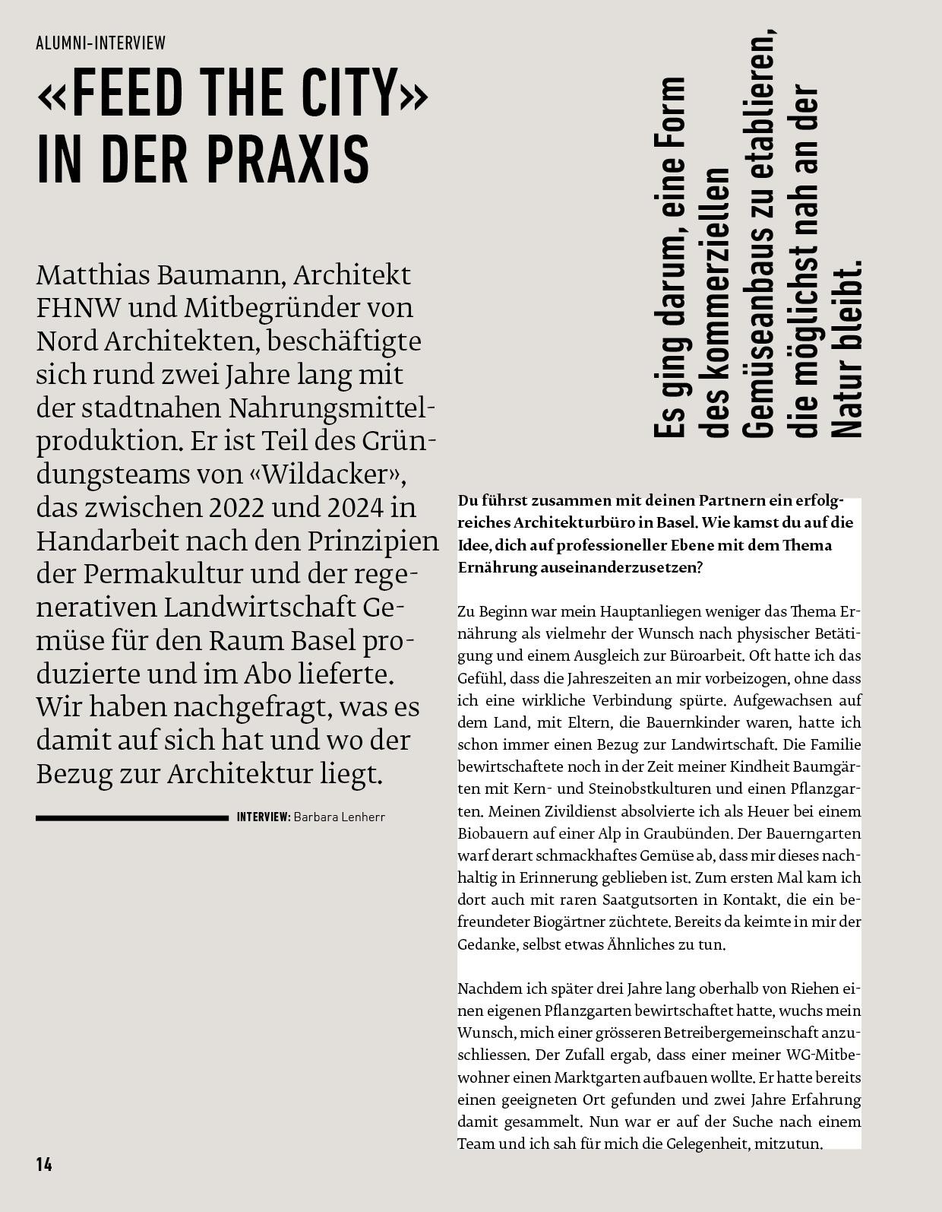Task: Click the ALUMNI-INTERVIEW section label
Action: point(100,43)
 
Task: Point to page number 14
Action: point(44,1164)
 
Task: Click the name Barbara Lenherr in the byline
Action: point(339,817)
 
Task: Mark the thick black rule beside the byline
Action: point(131,818)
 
